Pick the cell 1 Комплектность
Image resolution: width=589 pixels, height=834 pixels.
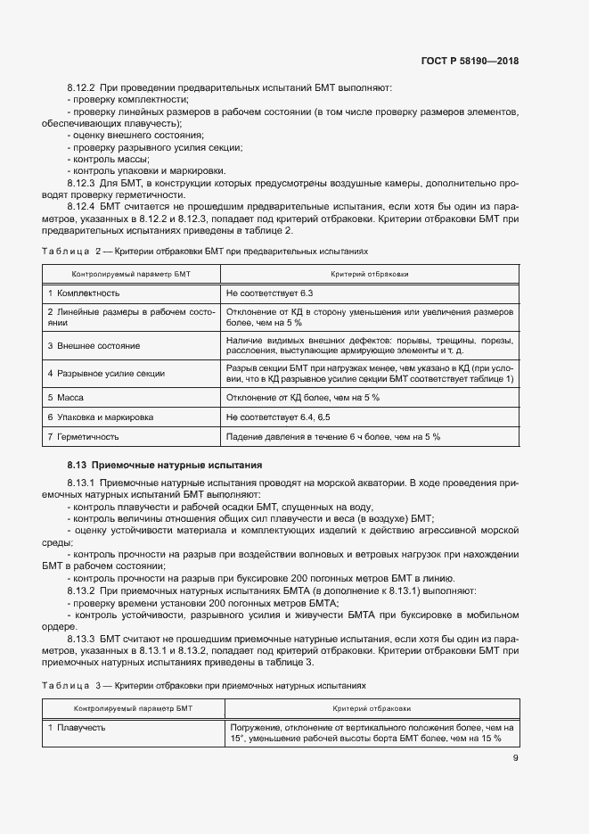pyautogui.click(x=84, y=293)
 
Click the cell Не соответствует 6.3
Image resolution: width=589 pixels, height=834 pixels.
pyautogui.click(x=270, y=293)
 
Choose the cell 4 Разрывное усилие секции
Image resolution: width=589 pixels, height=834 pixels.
pyautogui.click(x=106, y=374)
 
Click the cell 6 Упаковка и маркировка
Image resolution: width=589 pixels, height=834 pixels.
pyautogui.click(x=101, y=417)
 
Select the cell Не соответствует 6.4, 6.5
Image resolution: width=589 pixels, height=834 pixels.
pyautogui.click(x=278, y=417)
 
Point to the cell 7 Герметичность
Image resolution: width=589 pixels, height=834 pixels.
pyautogui.click(x=83, y=436)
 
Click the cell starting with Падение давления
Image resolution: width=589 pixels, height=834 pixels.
pyautogui.click(x=334, y=436)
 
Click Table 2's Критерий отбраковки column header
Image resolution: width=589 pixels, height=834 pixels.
pyautogui.click(x=369, y=275)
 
